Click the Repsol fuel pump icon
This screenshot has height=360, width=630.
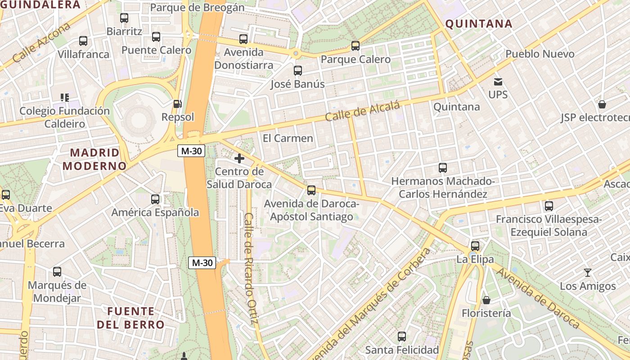tap(178, 104)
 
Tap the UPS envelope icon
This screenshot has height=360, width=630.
tap(498, 82)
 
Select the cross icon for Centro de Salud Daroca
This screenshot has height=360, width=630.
tap(239, 158)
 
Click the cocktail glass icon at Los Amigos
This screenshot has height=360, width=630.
tap(588, 273)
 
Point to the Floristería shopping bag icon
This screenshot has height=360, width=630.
tap(486, 300)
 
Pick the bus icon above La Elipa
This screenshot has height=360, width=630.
tap(475, 246)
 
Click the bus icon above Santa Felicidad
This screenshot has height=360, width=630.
tap(402, 337)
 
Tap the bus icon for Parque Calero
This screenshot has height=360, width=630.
tap(355, 46)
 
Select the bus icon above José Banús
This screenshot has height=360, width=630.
tap(297, 71)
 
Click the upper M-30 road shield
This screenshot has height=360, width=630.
tap(191, 151)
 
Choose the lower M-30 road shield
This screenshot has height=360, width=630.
tap(202, 263)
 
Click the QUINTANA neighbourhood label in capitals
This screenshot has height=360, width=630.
tap(479, 24)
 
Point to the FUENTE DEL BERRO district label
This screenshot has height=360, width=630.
tap(130, 318)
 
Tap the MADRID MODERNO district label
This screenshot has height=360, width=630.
tap(94, 159)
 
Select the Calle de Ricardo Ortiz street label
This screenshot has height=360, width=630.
tap(251, 268)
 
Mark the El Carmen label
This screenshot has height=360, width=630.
tap(288, 138)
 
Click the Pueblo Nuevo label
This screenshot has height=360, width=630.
tap(540, 54)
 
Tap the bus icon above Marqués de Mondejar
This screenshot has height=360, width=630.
tap(57, 272)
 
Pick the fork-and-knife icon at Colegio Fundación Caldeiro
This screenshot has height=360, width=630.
tap(65, 98)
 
